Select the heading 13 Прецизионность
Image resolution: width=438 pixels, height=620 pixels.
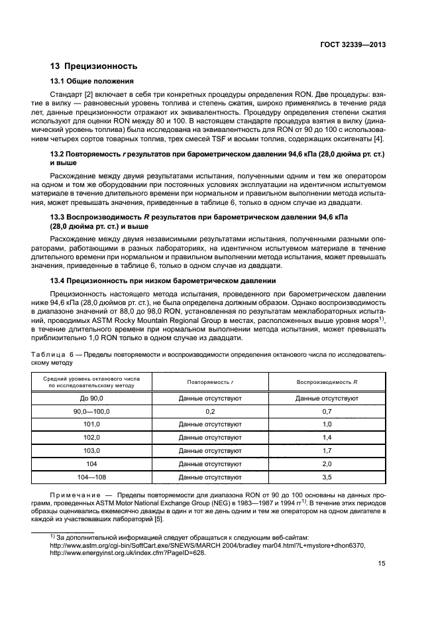click(x=94, y=66)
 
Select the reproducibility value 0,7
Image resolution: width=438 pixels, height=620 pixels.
click(x=327, y=412)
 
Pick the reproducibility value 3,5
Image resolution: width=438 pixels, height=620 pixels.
click(x=327, y=477)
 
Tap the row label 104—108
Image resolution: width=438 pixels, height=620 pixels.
click(x=91, y=477)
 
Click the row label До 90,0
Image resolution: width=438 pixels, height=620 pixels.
click(x=91, y=399)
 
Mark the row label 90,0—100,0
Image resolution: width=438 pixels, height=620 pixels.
click(x=91, y=412)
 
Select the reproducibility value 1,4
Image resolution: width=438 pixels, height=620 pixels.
click(x=327, y=438)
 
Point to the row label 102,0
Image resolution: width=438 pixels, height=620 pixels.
click(x=91, y=438)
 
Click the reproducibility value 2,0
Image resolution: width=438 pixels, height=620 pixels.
click(x=327, y=464)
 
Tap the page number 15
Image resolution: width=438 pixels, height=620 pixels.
click(x=382, y=564)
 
